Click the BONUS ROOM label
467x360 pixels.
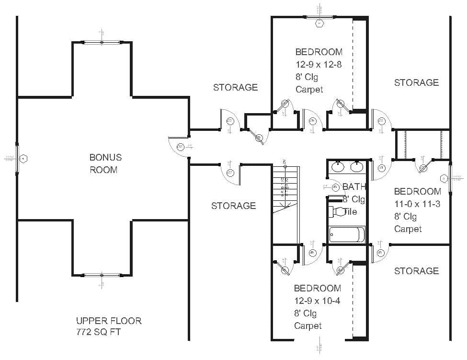105,163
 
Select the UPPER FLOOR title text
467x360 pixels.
109,321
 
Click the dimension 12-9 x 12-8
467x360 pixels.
318,64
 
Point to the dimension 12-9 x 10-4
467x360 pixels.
317,301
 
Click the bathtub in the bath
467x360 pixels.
347,235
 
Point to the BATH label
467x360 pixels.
354,186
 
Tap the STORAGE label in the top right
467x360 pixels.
416,82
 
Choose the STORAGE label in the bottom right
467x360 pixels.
416,271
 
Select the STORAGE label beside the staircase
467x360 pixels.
233,206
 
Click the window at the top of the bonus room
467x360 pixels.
102,43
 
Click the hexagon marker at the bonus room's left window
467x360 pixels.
25,158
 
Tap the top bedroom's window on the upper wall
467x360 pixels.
319,17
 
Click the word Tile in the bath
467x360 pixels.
350,211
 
